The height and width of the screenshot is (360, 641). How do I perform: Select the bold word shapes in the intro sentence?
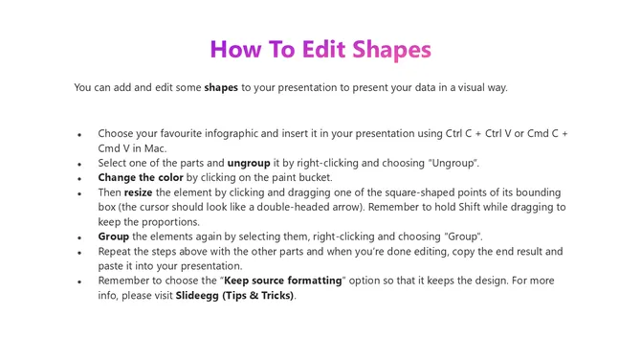pos(221,87)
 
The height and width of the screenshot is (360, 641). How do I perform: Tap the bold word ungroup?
pos(249,163)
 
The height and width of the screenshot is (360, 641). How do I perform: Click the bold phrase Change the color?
pos(141,177)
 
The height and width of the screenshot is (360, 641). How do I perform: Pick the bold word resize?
pos(139,192)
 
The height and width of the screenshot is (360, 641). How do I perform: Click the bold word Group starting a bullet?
pos(115,236)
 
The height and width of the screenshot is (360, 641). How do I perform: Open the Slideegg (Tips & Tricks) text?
pos(235,295)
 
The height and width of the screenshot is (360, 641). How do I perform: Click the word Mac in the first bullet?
pos(155,148)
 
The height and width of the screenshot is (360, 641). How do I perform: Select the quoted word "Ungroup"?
pos(451,163)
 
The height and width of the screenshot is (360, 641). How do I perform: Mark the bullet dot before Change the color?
pos(79,179)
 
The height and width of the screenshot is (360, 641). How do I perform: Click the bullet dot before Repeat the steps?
pos(79,252)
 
